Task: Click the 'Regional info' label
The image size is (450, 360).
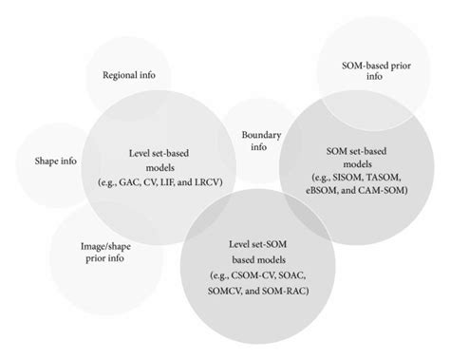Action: point(129,75)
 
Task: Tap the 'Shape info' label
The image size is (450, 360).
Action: point(54,161)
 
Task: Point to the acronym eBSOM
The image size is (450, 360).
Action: point(329,190)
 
